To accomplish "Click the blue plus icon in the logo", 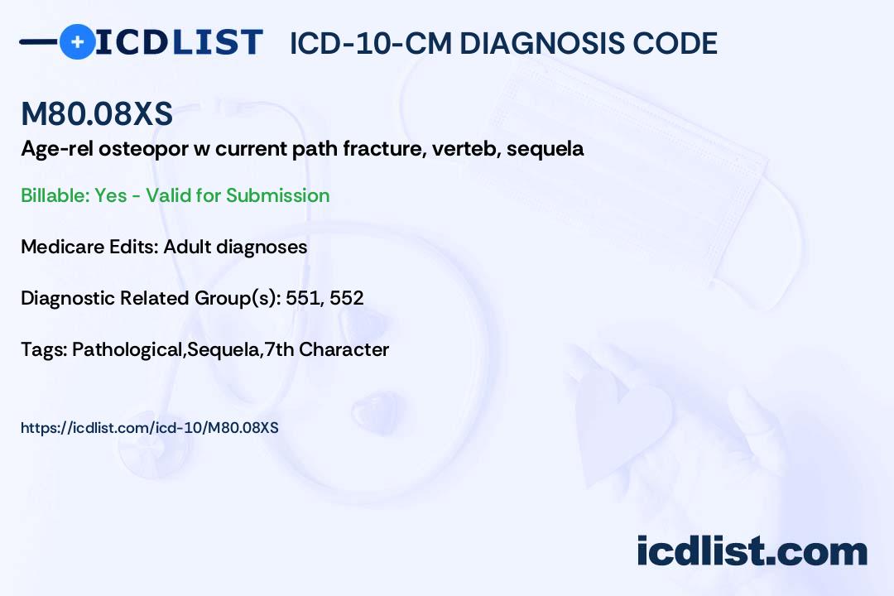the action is pos(77,41).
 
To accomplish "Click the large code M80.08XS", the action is pos(97,113).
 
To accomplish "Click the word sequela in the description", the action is pos(545,149).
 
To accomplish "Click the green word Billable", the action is pos(55,195).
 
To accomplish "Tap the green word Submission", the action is pos(277,195).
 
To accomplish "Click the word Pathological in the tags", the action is pos(127,349).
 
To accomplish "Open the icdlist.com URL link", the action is pos(149,428).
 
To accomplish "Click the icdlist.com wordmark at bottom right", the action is pos(752,551).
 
